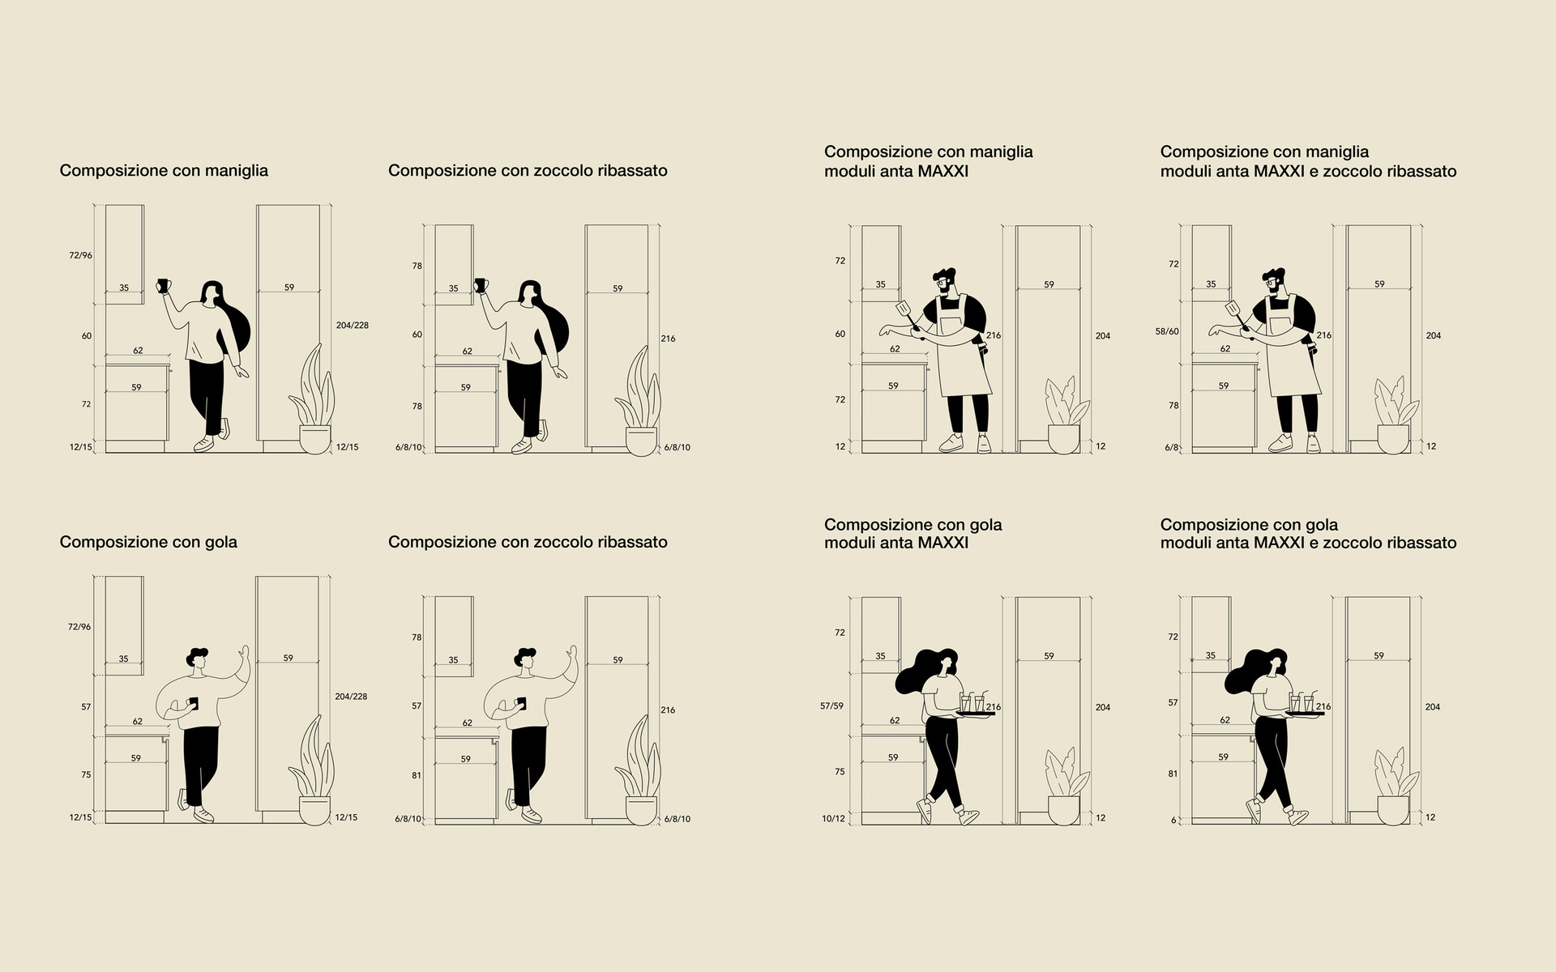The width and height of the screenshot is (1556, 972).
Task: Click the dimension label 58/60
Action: pyautogui.click(x=1167, y=331)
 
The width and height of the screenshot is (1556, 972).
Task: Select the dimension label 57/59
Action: pyautogui.click(x=831, y=706)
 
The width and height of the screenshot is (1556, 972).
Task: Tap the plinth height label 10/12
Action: pyautogui.click(x=833, y=819)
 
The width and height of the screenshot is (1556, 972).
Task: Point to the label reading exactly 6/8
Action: pyautogui.click(x=1172, y=447)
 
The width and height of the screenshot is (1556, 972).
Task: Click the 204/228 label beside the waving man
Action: pyautogui.click(x=351, y=697)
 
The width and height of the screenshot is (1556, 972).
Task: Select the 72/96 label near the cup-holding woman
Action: pyautogui.click(x=80, y=256)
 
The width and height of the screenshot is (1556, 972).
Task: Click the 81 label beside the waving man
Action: pyautogui.click(x=417, y=776)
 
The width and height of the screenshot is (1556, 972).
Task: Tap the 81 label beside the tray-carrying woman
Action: pyautogui.click(x=1173, y=774)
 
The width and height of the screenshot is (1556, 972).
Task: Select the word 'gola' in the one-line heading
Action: pyautogui.click(x=220, y=542)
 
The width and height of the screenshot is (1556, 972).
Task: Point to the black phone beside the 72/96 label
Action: pyautogui.click(x=193, y=703)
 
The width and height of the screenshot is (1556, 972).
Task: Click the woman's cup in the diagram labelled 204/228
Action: pyautogui.click(x=161, y=286)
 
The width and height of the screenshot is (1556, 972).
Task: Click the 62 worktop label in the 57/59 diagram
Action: pyautogui.click(x=895, y=721)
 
